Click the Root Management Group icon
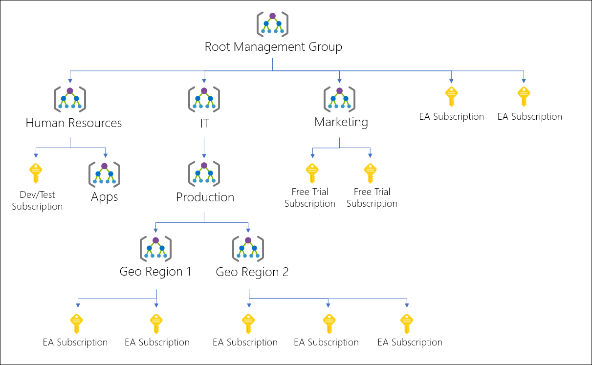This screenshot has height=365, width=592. (272, 24)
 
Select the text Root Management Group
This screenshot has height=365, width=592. (273, 47)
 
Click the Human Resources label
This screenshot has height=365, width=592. (73, 123)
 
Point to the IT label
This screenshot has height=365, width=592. (204, 124)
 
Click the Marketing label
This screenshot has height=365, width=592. (341, 122)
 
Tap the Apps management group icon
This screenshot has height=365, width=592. (104, 174)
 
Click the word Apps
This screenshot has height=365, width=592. (104, 197)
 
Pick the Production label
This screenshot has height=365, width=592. (205, 197)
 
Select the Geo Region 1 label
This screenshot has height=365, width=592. (155, 272)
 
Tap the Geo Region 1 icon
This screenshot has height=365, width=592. (155, 248)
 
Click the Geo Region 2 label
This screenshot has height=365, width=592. (252, 272)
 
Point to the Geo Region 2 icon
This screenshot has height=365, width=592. (248, 248)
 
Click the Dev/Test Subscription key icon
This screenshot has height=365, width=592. (36, 173)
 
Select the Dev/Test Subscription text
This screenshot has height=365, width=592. (37, 201)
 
